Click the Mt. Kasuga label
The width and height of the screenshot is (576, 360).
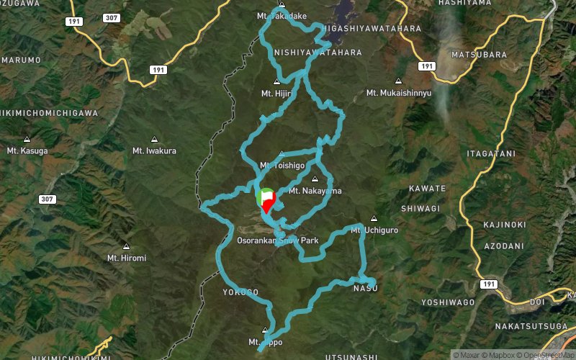coord(27,150)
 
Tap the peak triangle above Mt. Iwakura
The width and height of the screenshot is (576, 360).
coord(154,139)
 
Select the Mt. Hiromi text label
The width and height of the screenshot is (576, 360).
coord(127,258)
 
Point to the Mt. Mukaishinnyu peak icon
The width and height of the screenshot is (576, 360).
coord(398,81)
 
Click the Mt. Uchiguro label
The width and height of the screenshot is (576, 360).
coord(374,230)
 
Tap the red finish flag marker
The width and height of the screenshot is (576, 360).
coord(269,202)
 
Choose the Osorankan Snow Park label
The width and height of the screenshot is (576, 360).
coord(277,240)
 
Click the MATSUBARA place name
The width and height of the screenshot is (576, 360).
coord(474,54)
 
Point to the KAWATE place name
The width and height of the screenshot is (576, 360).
coord(427,188)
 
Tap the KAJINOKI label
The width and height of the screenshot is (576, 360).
coord(504,225)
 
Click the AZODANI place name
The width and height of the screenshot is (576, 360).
coord(504,246)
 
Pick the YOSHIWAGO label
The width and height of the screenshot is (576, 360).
coord(446,302)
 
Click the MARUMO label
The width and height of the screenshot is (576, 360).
coord(21,60)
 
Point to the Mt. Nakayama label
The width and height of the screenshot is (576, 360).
coord(315,191)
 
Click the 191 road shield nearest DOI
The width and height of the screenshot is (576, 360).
coord(490,284)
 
